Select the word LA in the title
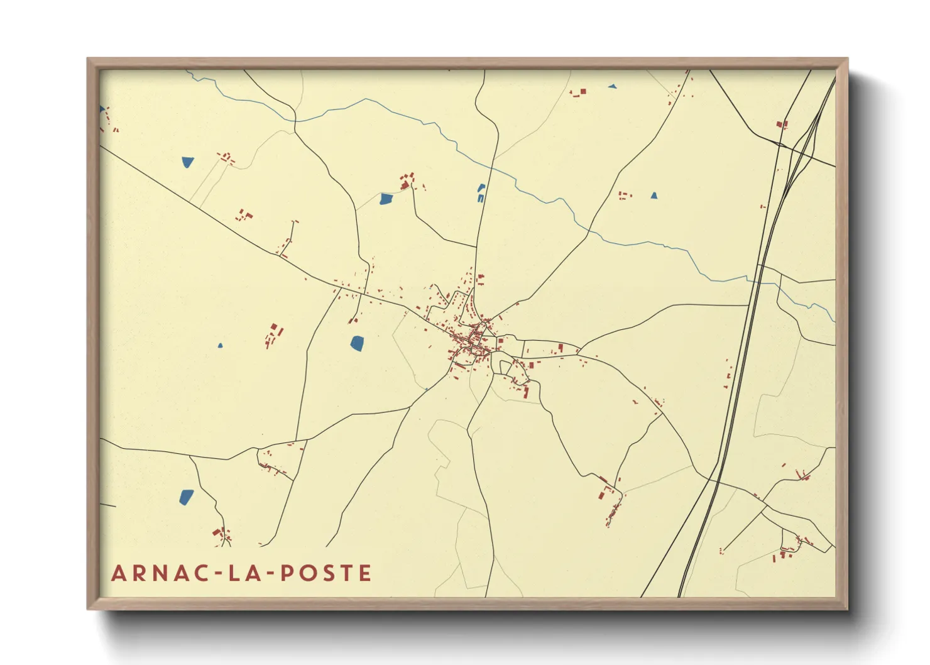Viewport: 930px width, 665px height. (x=242, y=573)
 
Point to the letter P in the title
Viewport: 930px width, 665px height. (x=286, y=573)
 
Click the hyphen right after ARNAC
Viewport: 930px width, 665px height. (x=216, y=574)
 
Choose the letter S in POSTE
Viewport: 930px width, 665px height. (x=327, y=573)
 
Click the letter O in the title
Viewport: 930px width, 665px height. (x=306, y=573)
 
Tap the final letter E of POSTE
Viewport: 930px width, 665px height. (x=365, y=573)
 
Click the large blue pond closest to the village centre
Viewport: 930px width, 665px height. (x=357, y=343)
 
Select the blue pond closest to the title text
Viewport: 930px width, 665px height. (x=187, y=497)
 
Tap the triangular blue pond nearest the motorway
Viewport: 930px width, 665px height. (x=654, y=195)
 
